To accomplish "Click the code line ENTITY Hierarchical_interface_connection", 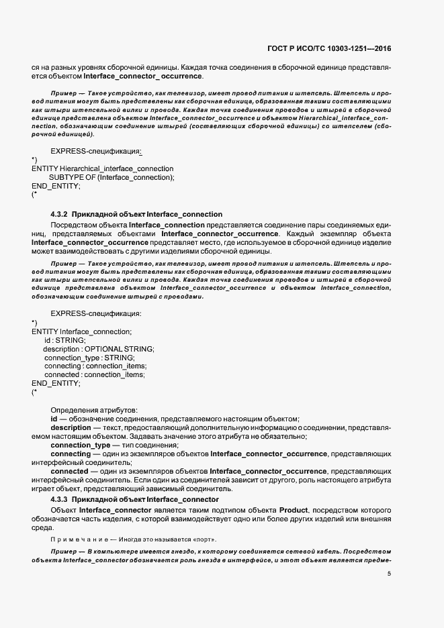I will tap(102, 168).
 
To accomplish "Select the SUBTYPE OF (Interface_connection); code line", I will tap(112, 177).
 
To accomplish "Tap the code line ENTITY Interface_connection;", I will tap(81, 331).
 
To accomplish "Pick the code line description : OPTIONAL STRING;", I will tap(98, 349).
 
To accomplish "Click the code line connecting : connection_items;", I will tap(94, 366).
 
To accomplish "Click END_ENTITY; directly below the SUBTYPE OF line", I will tap(56, 186).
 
